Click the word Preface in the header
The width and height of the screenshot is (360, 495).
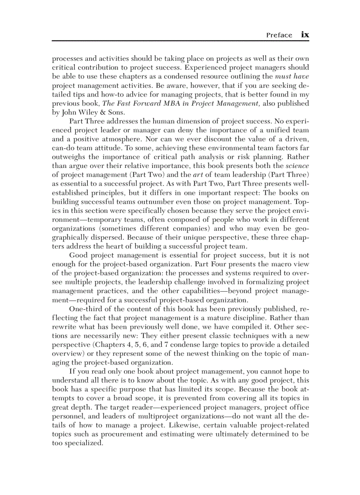coord(279,35)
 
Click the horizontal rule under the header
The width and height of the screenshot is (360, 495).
coord(180,41)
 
